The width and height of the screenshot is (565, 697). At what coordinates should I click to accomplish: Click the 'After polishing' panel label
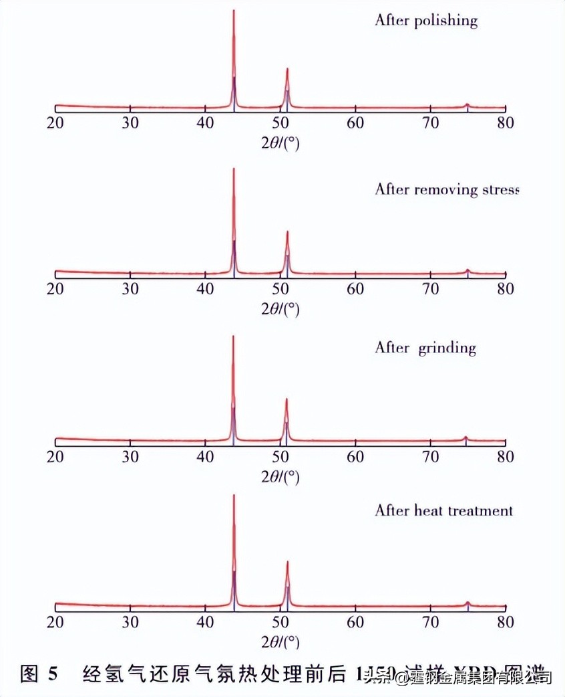[426, 20]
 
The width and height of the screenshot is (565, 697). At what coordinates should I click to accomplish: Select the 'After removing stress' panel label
[446, 189]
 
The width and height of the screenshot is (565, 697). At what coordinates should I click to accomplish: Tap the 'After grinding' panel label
[425, 348]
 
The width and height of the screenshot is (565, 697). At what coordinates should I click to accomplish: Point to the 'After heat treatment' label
[443, 510]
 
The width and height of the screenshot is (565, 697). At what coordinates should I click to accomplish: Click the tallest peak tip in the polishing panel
[234, 11]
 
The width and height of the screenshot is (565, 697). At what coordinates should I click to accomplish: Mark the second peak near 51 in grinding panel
[287, 399]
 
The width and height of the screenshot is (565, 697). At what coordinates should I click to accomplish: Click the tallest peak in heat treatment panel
[234, 496]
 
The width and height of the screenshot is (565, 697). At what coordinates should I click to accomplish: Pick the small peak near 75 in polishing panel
[467, 104]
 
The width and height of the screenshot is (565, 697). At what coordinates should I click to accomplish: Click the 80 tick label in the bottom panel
[506, 622]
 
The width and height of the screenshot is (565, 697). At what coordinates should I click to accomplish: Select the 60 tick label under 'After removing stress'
[355, 289]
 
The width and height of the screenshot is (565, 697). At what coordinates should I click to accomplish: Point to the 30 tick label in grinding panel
[130, 457]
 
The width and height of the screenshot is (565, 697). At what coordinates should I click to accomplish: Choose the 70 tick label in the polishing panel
[431, 123]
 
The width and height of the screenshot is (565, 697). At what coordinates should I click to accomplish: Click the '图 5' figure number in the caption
[39, 674]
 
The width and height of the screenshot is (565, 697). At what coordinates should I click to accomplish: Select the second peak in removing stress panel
[287, 232]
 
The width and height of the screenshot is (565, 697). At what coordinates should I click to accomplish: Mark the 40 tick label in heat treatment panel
[205, 622]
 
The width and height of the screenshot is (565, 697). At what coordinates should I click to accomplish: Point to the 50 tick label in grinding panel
[280, 457]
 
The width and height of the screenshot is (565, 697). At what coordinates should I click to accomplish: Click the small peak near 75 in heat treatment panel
[467, 603]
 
